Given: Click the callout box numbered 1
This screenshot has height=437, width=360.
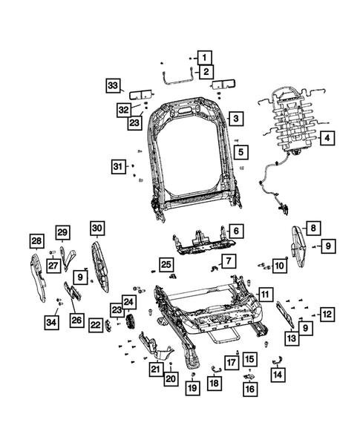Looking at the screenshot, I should tap(204, 56).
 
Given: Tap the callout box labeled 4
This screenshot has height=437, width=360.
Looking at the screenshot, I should tap(327, 137).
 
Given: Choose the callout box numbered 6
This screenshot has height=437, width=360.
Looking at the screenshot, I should tap(234, 231).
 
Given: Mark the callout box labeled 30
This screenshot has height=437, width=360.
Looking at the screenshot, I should tap(98, 229).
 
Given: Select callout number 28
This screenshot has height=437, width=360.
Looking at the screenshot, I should tap(36, 240).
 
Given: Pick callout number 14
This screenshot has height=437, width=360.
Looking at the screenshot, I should tap(278, 375).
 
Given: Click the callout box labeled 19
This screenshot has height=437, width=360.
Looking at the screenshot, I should tap(192, 387).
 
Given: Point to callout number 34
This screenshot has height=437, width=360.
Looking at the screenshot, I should tap(51, 321).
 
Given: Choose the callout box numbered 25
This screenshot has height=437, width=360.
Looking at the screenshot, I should tap(166, 265).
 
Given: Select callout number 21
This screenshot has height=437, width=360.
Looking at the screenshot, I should tap(156, 369).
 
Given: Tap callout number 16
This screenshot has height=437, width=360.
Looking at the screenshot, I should tap(249, 387).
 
